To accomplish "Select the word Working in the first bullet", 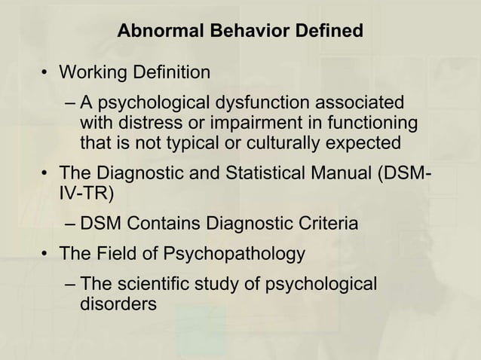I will [92, 73].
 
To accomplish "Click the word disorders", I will [118, 304].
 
